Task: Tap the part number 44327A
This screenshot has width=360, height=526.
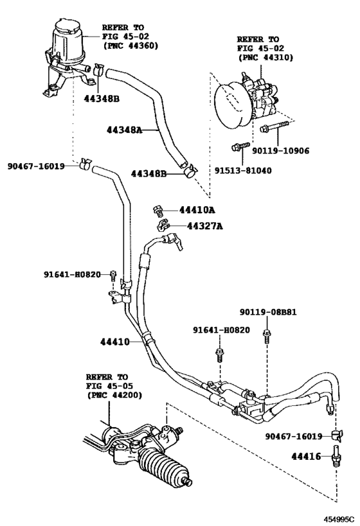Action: point(204,226)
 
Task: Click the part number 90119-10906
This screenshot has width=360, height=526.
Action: point(281,151)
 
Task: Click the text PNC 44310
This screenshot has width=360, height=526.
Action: point(265,57)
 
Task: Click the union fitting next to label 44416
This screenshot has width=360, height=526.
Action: point(336,452)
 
